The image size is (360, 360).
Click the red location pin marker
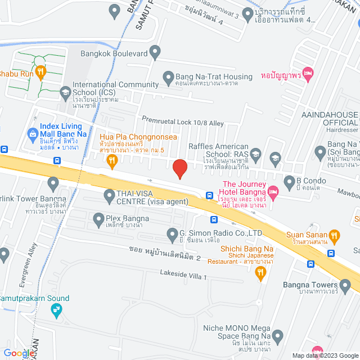[x=179, y=169]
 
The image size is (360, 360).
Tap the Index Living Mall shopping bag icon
[x=33, y=134]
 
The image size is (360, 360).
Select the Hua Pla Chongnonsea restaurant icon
[x=111, y=161]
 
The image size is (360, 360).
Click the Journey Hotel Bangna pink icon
[x=273, y=192]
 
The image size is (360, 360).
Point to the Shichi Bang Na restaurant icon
[x=260, y=273]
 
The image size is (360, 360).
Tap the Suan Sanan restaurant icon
[x=334, y=235]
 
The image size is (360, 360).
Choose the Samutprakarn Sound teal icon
[x=56, y=309]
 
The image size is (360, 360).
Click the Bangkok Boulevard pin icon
[x=156, y=53]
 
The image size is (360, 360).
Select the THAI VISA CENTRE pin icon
[x=110, y=196]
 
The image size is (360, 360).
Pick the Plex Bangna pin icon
[x=98, y=218]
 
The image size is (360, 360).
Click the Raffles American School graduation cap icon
[x=255, y=154]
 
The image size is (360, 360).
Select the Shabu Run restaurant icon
[x=40, y=71]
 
